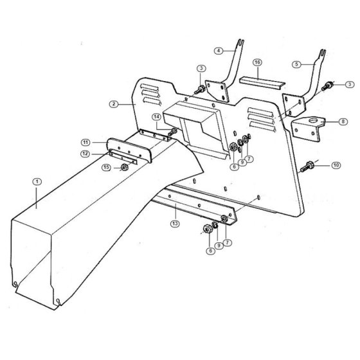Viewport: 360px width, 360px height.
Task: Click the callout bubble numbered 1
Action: [x=37, y=182]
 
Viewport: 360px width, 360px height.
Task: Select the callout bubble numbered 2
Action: [x=114, y=104]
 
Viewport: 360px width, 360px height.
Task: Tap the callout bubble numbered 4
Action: [x=219, y=51]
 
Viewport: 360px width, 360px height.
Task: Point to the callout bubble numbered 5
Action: [x=296, y=64]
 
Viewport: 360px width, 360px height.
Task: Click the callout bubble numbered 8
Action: [x=343, y=122]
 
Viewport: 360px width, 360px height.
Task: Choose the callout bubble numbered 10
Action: [x=336, y=165]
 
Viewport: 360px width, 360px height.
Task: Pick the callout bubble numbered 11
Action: [x=85, y=143]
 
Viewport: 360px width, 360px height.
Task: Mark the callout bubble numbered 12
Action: [x=85, y=154]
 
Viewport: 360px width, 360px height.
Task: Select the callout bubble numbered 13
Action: [x=175, y=224]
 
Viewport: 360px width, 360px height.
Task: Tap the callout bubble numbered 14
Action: [x=157, y=117]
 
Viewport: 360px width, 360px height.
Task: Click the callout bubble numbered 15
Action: [x=106, y=167]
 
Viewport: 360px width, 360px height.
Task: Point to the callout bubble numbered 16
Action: [x=257, y=62]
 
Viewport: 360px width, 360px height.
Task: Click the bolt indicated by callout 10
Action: [x=307, y=166]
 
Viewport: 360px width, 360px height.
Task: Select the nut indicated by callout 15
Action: [x=124, y=167]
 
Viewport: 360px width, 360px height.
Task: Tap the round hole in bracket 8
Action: [x=313, y=120]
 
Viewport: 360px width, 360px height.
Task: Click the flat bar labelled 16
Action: [x=262, y=83]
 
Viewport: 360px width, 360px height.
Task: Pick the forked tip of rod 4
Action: [x=240, y=42]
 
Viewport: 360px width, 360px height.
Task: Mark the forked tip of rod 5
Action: [x=323, y=53]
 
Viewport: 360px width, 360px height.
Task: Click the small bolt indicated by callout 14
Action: [x=172, y=132]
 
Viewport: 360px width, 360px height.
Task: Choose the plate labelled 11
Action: [x=129, y=150]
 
